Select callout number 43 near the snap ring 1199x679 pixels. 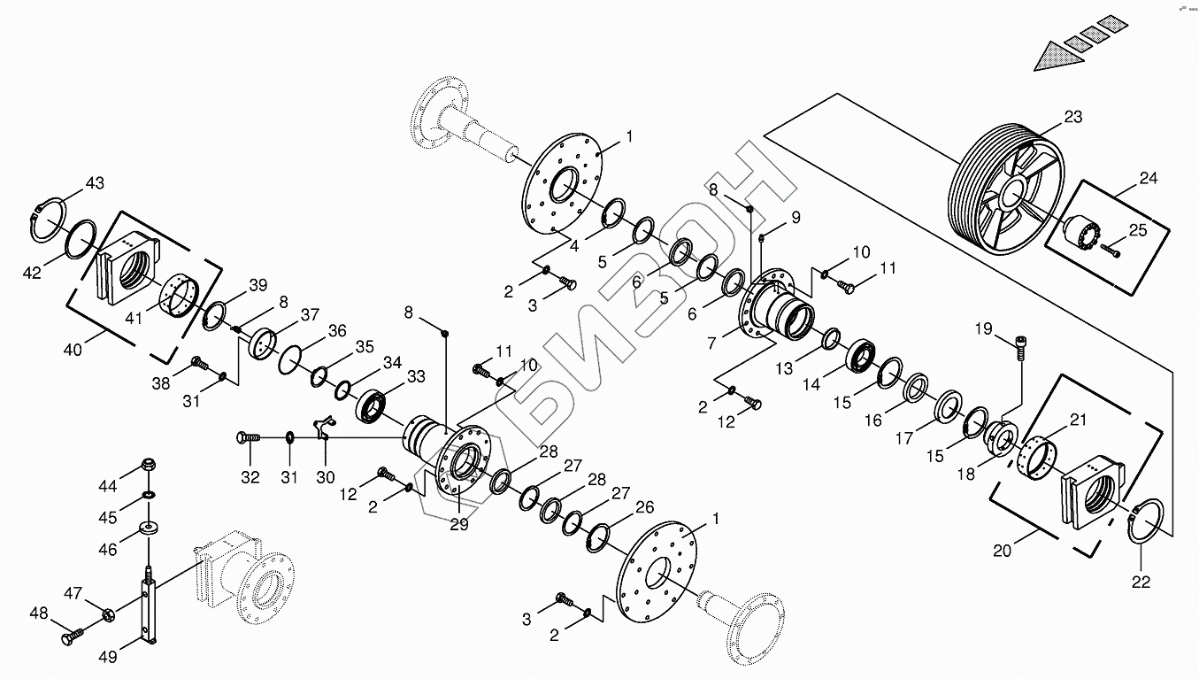95,183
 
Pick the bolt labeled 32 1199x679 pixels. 248,437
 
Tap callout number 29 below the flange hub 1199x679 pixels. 458,524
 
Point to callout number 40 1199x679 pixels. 73,349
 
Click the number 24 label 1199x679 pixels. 1148,178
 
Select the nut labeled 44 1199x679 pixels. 149,465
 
